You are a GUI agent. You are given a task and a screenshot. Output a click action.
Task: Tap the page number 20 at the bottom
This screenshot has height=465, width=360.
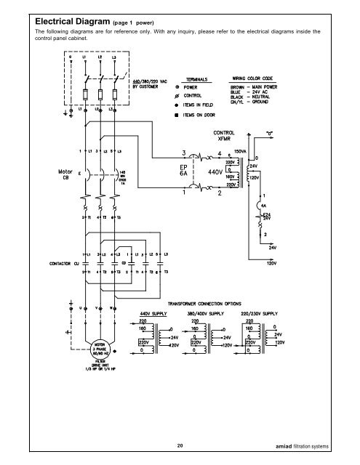coord(180,445)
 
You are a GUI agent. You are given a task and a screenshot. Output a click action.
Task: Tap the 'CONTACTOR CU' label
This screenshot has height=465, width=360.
coord(49,275)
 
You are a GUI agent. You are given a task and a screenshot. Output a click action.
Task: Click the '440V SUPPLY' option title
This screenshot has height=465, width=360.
coord(157,315)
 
